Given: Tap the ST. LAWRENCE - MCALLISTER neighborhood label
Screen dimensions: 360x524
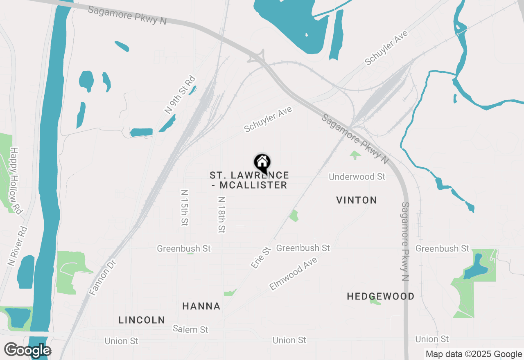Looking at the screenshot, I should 249,180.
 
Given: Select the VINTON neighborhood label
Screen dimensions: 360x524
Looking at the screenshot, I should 357,200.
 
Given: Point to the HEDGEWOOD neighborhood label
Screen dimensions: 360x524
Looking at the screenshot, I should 380,296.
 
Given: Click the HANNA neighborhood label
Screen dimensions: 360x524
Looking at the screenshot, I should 201,306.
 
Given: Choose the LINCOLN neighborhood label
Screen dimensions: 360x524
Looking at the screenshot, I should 142,320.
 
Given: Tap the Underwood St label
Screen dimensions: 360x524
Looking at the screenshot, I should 357,177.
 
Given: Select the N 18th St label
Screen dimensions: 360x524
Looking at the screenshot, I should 221,215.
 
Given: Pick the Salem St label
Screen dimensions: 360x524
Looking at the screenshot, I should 190,329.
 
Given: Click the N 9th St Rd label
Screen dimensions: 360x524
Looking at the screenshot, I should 180,95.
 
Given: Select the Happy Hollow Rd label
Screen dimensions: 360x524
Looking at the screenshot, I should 16,180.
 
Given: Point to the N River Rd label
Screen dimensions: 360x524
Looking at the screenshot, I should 17,247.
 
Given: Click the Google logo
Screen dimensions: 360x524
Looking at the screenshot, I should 27,350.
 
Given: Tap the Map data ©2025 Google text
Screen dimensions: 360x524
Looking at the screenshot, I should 474,354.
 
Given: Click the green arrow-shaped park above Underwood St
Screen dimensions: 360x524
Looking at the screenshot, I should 355,155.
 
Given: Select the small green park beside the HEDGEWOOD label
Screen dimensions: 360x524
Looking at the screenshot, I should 375,302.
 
